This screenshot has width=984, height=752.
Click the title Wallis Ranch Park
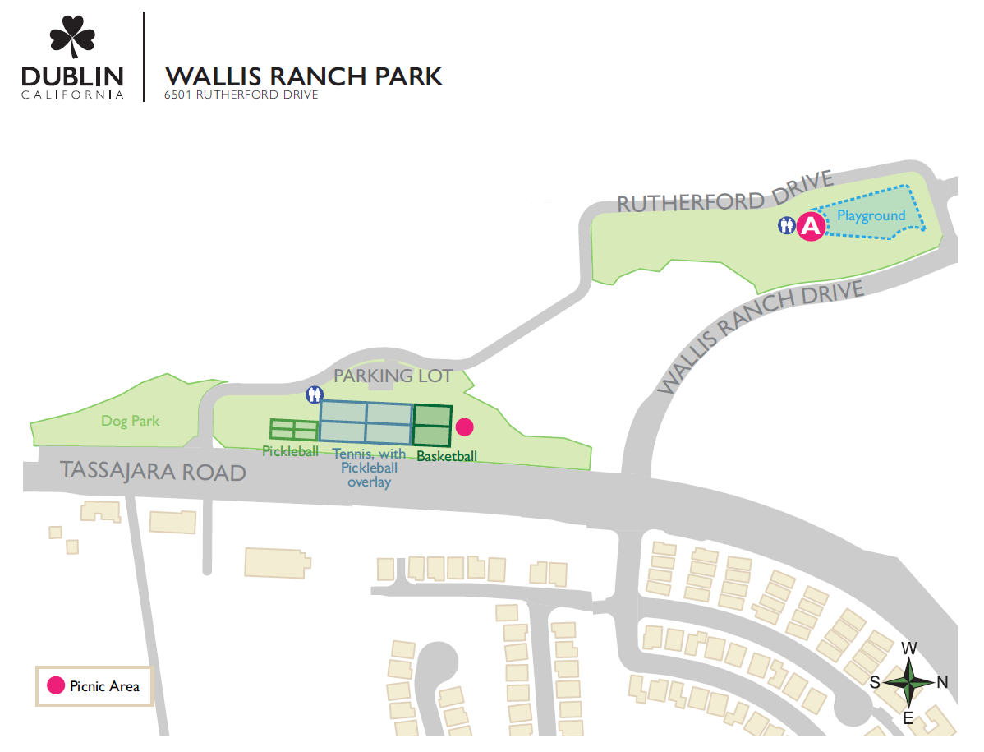[304, 76]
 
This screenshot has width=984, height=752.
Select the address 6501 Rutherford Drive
[241, 95]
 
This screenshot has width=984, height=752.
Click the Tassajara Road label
[154, 472]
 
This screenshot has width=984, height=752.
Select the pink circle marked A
[811, 226]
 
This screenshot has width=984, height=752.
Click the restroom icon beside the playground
[787, 225]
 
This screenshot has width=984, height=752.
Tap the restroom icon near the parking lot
[314, 394]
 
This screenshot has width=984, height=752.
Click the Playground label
[871, 216]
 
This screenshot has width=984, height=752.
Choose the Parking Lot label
[393, 376]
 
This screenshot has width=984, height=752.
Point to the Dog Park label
[130, 421]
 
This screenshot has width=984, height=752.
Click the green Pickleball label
[290, 451]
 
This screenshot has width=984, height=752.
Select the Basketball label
[447, 456]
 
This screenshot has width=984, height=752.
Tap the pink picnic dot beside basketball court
[465, 427]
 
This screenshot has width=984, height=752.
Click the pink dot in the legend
[55, 685]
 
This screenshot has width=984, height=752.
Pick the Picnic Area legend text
[104, 686]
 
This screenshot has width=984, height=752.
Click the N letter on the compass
[942, 681]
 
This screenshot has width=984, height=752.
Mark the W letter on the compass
[909, 648]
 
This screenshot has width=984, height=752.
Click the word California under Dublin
[72, 95]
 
